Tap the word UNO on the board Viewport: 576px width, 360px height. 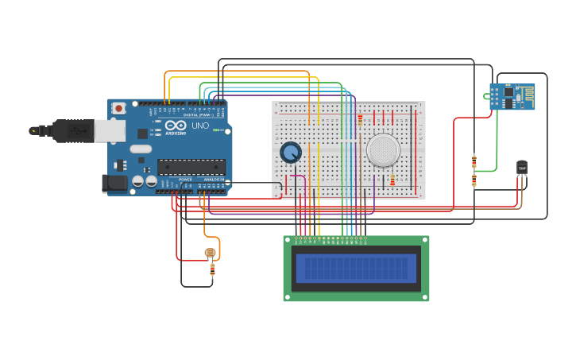[200, 126]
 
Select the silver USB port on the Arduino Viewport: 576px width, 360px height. [110, 130]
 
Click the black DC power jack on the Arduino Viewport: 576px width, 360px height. [115, 183]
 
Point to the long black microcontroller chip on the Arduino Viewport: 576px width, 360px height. [191, 167]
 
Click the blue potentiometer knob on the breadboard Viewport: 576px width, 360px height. [291, 152]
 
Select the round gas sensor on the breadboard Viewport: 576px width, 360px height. [383, 149]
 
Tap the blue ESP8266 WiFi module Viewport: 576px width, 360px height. [512, 96]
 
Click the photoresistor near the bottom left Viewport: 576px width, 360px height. [210, 253]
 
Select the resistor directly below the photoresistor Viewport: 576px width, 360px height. [212, 269]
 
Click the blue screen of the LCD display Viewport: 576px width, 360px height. [356, 269]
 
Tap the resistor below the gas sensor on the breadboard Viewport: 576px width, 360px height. [392, 180]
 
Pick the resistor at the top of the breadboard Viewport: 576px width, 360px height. [360, 120]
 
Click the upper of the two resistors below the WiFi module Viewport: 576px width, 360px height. [474, 161]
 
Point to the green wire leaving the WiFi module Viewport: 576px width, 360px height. [497, 135]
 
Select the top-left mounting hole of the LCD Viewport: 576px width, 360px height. [288, 240]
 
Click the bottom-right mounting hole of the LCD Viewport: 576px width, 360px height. [425, 297]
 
